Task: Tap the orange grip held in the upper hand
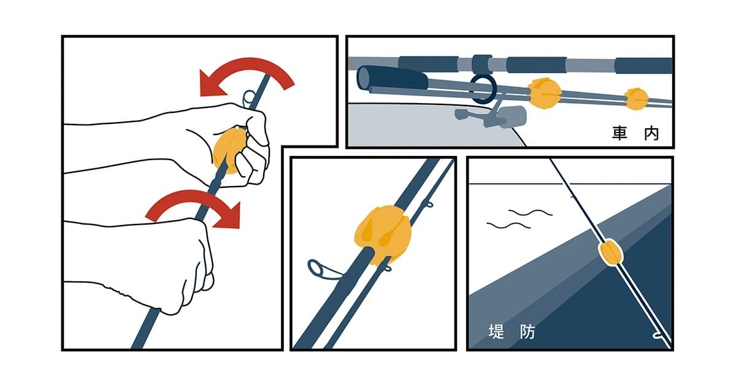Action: point(229,150)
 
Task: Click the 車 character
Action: point(619,133)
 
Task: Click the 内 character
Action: point(651,133)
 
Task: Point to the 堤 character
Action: point(496,331)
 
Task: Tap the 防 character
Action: point(527,331)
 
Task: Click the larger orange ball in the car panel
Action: point(544,93)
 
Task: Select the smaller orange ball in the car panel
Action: point(636,99)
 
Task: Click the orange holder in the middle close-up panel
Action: point(383,235)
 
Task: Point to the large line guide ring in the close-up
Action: point(316,269)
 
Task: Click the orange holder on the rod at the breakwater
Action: point(610,252)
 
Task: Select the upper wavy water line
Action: point(531,212)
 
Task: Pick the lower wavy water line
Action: point(508,226)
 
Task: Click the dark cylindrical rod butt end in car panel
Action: point(391,79)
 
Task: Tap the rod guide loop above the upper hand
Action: point(249,98)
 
